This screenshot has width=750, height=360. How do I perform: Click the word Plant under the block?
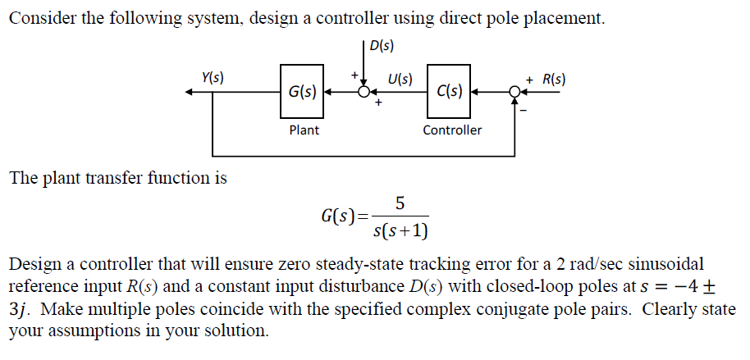tap(304, 130)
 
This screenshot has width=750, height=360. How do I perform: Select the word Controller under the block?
tap(452, 130)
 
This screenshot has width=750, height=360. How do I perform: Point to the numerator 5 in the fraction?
tap(400, 202)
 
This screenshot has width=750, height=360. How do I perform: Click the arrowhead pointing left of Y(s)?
tap(190, 93)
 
